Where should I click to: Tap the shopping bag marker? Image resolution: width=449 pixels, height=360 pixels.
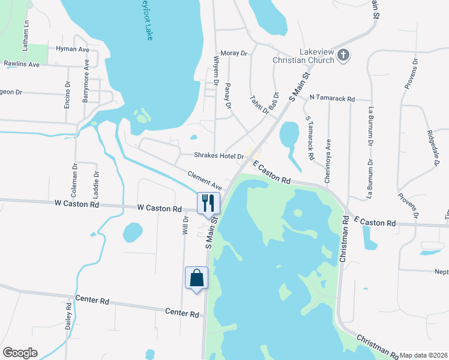[196, 277]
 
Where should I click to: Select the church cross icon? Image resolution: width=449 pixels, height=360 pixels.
[343, 56]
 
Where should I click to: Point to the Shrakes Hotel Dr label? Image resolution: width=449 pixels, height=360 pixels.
[218, 155]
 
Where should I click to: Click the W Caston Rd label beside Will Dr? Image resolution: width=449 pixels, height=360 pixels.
[159, 208]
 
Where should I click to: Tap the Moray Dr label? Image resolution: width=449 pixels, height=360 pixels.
[234, 53]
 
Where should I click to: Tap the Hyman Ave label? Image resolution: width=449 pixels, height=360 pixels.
[71, 49]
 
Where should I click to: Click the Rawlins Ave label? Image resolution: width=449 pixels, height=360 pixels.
[22, 64]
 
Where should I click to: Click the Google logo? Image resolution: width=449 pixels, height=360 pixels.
[20, 353]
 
